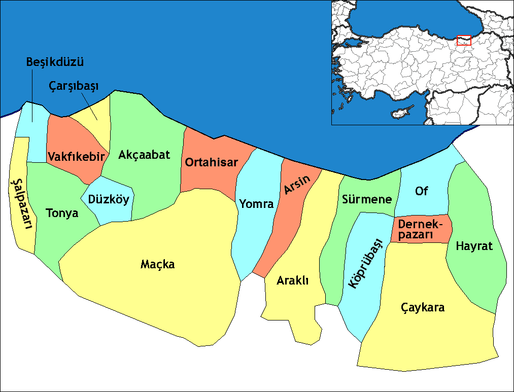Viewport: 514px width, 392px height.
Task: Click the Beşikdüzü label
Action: pyautogui.click(x=55, y=63)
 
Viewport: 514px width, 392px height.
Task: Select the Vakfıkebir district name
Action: pyautogui.click(x=77, y=156)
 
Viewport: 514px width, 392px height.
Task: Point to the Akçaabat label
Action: pyautogui.click(x=144, y=155)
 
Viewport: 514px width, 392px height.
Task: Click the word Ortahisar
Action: pyautogui.click(x=212, y=163)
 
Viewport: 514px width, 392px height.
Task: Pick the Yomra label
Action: pyautogui.click(x=256, y=204)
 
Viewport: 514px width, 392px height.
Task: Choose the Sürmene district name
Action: pyautogui.click(x=367, y=199)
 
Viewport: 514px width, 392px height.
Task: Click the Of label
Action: pyautogui.click(x=421, y=191)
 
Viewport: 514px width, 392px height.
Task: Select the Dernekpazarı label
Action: pyautogui.click(x=421, y=230)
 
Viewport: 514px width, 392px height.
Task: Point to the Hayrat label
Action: pyautogui.click(x=474, y=246)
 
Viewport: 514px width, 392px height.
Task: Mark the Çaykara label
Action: pyautogui.click(x=423, y=307)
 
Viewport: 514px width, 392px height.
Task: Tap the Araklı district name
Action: pyautogui.click(x=293, y=281)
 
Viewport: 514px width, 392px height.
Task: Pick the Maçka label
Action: pyautogui.click(x=157, y=264)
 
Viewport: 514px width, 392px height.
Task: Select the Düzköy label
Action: pyautogui.click(x=109, y=200)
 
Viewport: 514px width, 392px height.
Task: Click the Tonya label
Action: pyautogui.click(x=62, y=213)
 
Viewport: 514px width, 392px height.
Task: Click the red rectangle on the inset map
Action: pyautogui.click(x=464, y=41)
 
